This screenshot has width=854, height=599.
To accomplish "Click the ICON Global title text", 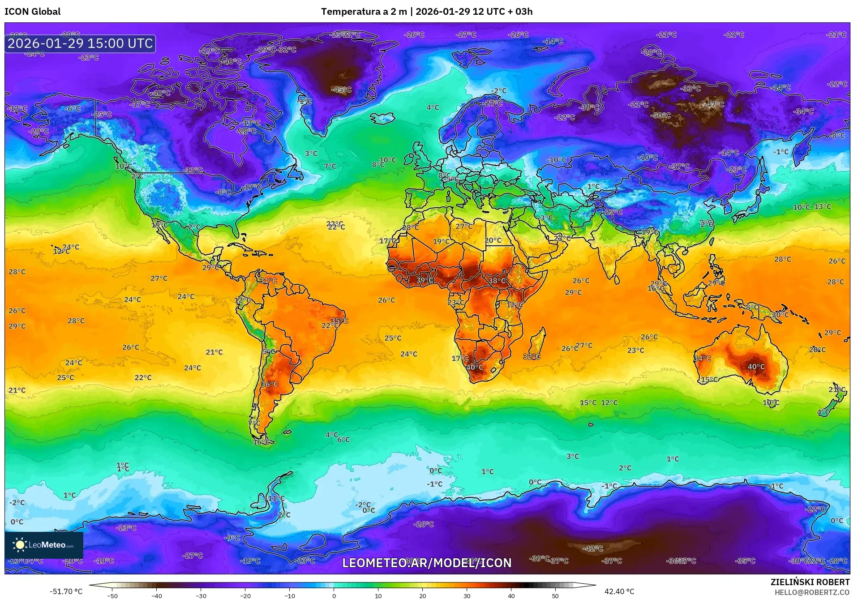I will [x=32, y=12].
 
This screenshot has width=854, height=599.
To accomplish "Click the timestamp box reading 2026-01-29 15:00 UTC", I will [x=80, y=43].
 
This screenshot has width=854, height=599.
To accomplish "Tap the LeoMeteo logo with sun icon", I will [x=43, y=545].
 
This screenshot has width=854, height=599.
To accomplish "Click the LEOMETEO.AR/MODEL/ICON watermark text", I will [x=426, y=563].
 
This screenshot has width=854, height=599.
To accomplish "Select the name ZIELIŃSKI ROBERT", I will [x=810, y=582].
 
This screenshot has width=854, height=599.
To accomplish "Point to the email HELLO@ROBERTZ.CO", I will [x=812, y=592].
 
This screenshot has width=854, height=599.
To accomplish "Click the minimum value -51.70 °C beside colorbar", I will [x=66, y=591].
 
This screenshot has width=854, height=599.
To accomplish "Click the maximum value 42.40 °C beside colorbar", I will [x=619, y=591].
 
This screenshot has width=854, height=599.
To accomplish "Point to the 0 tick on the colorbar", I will [x=334, y=595].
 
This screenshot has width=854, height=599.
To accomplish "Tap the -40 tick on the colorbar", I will [x=156, y=595].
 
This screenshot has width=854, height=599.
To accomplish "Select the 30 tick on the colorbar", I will [x=467, y=595].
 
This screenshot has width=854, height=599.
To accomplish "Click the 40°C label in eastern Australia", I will [x=756, y=367].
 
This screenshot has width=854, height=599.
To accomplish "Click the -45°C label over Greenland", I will [x=341, y=90].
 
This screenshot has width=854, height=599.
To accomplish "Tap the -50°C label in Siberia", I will [x=661, y=116].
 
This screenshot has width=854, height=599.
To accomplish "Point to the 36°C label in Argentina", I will [x=269, y=384].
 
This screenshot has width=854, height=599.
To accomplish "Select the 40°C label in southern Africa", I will [x=474, y=368].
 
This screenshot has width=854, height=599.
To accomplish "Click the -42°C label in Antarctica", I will [x=592, y=548].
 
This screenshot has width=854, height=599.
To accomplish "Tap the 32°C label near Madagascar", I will [x=531, y=356].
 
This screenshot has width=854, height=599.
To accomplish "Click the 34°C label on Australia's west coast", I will [x=702, y=358].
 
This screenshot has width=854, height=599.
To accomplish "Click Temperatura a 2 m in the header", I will [x=363, y=12].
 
